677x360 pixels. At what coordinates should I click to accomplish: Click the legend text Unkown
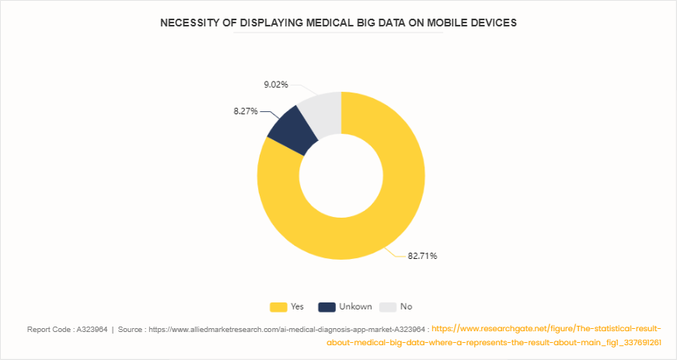(355, 306)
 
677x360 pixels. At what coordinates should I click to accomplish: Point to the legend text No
(406, 306)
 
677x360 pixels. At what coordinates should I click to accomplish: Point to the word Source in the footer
(134, 329)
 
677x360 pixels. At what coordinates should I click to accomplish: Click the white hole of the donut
(340, 176)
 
